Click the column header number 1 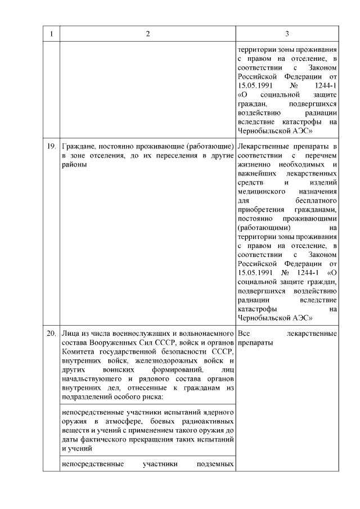tap(51, 34)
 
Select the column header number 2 tap(148, 34)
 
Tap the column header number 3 tap(287, 34)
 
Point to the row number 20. tap(51, 334)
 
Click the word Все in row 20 tap(245, 334)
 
